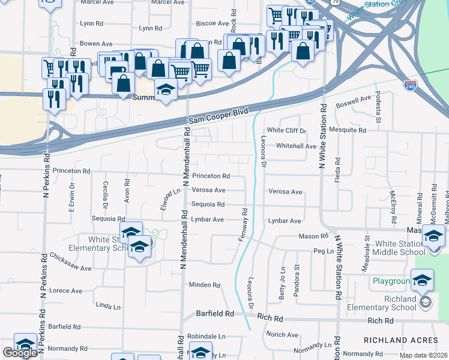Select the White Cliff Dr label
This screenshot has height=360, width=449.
(x=286, y=130)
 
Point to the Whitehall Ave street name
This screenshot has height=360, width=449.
(x=296, y=146)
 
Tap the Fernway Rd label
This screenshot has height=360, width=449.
(x=244, y=225)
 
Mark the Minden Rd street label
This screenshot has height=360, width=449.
(x=205, y=284)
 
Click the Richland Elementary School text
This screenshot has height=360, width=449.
(x=393, y=303)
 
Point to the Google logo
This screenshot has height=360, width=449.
(x=20, y=353)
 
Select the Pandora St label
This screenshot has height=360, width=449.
(x=297, y=281)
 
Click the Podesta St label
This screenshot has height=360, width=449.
(x=378, y=107)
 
